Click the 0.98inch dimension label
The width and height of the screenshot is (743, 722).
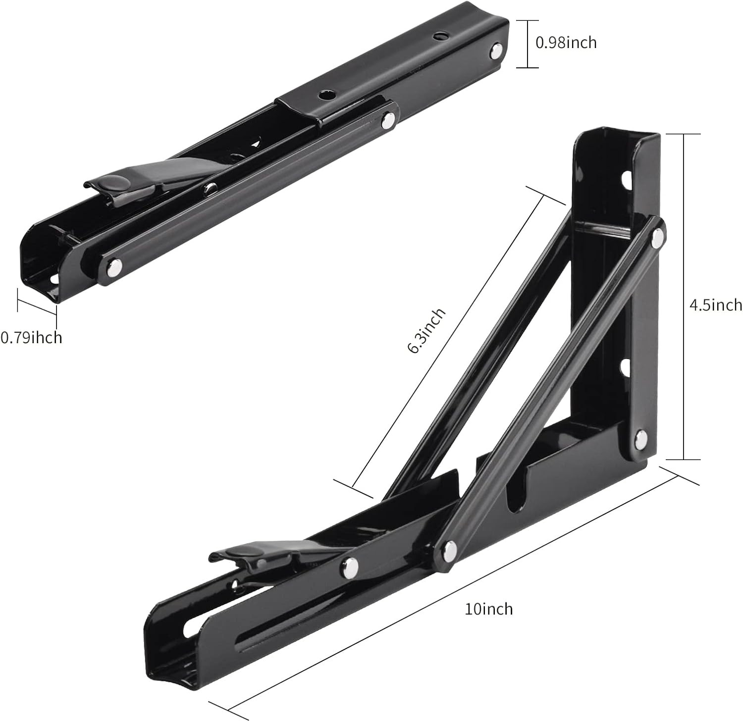click(x=566, y=43)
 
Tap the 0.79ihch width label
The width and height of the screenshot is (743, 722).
click(x=31, y=338)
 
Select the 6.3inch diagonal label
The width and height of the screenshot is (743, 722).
click(x=426, y=331)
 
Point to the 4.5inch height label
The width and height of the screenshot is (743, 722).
click(x=716, y=305)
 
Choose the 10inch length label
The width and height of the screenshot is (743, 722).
click(x=488, y=608)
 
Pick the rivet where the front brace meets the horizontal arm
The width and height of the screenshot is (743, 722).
click(x=450, y=548)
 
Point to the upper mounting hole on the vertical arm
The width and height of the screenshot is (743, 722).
click(x=627, y=177)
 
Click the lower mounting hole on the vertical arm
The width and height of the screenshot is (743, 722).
click(x=625, y=367)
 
